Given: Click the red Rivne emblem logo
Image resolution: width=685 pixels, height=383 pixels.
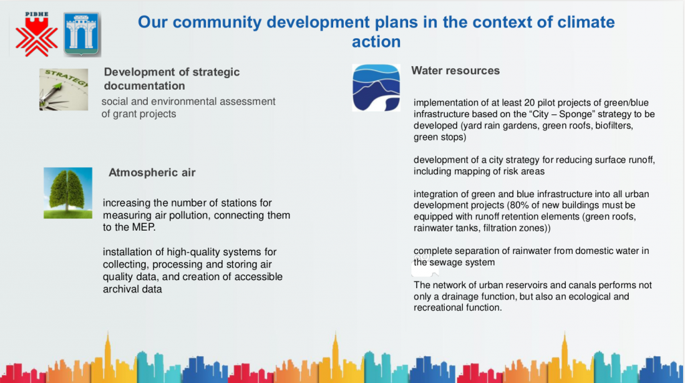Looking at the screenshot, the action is click(x=36, y=34).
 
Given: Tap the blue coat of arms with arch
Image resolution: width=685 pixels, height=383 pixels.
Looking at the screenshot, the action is click(x=82, y=34).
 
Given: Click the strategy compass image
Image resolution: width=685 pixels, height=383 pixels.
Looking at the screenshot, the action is click(x=64, y=89).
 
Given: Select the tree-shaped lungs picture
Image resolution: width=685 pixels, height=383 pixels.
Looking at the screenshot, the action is click(x=68, y=193).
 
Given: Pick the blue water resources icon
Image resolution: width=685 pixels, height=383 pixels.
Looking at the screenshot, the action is click(x=376, y=88).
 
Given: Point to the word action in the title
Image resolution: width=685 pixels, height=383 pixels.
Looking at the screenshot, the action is click(x=376, y=41).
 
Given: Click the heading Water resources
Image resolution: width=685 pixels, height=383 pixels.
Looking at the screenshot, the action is click(x=455, y=71).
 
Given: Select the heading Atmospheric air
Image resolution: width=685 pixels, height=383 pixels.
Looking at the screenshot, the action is click(x=152, y=172).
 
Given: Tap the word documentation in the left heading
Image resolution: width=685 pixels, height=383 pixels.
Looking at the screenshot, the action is click(x=144, y=86).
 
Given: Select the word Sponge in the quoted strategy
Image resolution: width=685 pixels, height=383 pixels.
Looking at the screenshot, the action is click(x=575, y=114).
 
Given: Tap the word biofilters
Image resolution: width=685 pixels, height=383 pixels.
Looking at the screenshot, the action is click(x=614, y=126).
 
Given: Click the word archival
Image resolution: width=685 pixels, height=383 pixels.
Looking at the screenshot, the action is click(x=119, y=289).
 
